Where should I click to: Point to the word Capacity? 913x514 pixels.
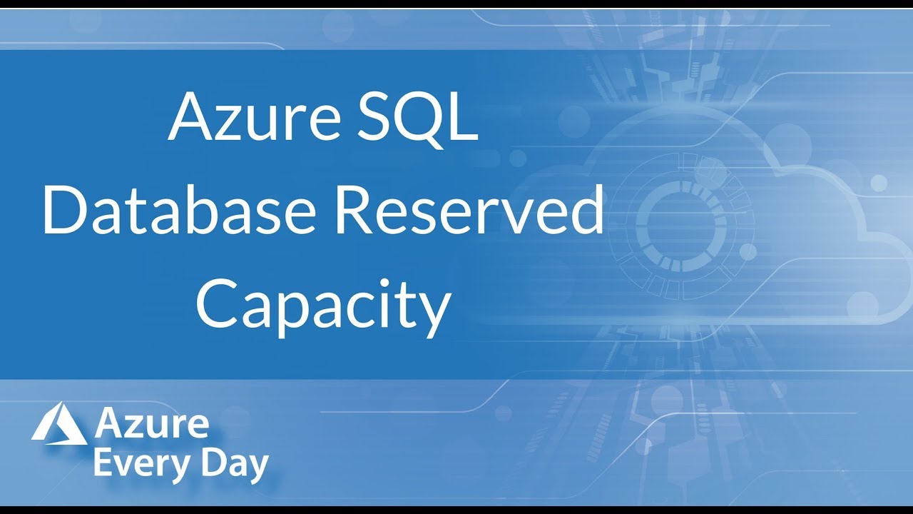[323, 306]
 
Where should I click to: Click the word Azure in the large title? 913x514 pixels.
[253, 116]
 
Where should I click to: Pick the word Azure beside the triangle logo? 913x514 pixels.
[151, 425]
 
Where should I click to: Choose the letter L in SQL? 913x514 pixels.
[462, 116]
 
